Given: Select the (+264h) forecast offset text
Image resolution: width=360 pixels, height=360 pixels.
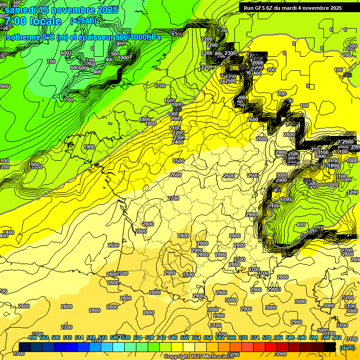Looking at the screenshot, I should (83, 21).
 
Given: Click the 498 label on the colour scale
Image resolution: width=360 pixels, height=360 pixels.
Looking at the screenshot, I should (32, 337).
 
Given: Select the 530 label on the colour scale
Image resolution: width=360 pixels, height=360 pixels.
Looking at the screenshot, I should (126, 337).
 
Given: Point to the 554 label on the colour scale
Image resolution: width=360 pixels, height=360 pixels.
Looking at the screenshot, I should (196, 337).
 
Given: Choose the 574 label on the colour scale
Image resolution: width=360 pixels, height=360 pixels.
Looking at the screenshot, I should (255, 337).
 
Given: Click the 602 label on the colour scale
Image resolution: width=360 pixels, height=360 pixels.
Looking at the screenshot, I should (337, 337).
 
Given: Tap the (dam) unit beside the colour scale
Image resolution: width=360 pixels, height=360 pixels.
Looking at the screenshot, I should (347, 347).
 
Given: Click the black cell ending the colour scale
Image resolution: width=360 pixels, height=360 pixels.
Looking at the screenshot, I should (330, 347).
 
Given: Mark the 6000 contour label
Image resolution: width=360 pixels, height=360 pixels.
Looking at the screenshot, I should (66, 53).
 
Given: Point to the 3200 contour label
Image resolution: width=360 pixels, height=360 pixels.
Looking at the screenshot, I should (347, 298).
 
